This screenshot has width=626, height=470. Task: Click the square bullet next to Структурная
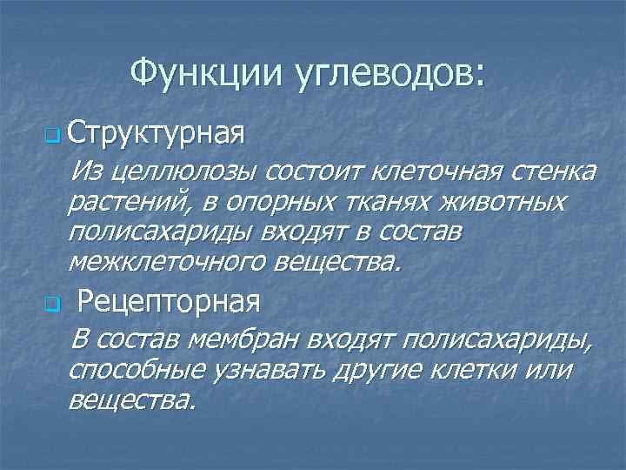[51, 138]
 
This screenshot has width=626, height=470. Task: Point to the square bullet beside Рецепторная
[51, 305]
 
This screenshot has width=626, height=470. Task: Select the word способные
[135, 371]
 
